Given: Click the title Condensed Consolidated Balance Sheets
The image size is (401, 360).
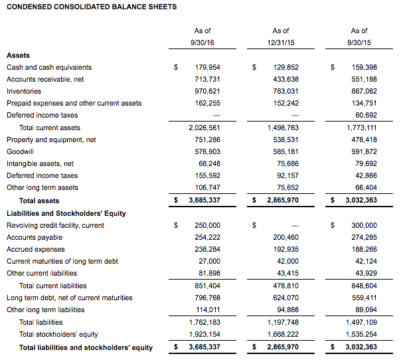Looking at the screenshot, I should tap(92, 7).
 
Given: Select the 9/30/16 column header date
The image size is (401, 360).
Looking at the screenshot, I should tap(202, 43).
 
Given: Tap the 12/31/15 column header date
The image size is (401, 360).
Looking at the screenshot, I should tap(281, 43).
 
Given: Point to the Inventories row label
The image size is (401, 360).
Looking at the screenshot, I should tap(24, 91).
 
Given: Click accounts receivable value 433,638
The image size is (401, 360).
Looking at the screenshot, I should tap(286, 79).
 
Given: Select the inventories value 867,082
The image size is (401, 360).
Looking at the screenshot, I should tap(364, 91).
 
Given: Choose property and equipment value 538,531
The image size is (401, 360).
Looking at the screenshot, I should tap(286, 139).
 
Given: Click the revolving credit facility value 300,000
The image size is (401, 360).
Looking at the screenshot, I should tap(364, 225).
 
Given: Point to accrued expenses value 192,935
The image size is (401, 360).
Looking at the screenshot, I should tap(286, 249).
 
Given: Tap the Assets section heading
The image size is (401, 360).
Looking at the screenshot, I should tap(18, 55).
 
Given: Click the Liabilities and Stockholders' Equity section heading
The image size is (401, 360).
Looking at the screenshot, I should tap(66, 213).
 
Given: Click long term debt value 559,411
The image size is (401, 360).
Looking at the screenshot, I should tap(364, 298).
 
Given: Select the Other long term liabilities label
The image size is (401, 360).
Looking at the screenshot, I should tap(46, 310).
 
